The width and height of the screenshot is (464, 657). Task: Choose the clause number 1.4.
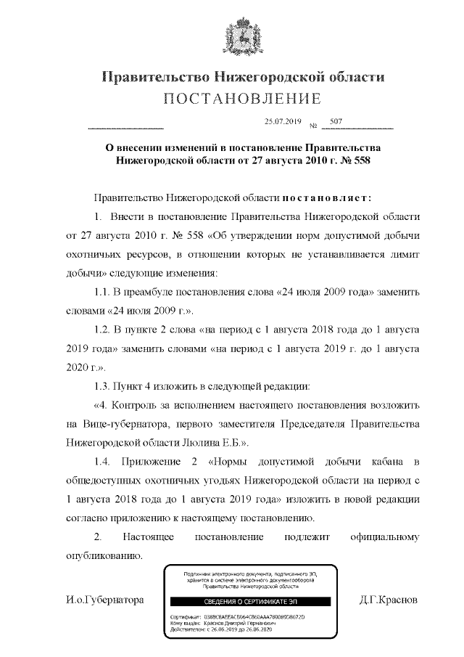click(103, 462)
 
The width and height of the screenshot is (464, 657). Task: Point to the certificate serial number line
click(239, 616)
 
